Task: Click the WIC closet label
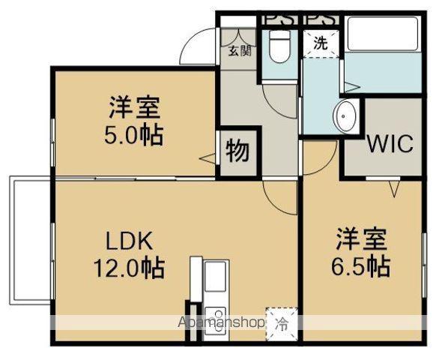390,143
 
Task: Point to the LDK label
128,241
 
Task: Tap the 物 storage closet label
238,151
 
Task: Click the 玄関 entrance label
240,52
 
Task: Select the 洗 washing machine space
320,43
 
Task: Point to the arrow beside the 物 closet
208,158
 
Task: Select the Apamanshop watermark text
222,323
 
